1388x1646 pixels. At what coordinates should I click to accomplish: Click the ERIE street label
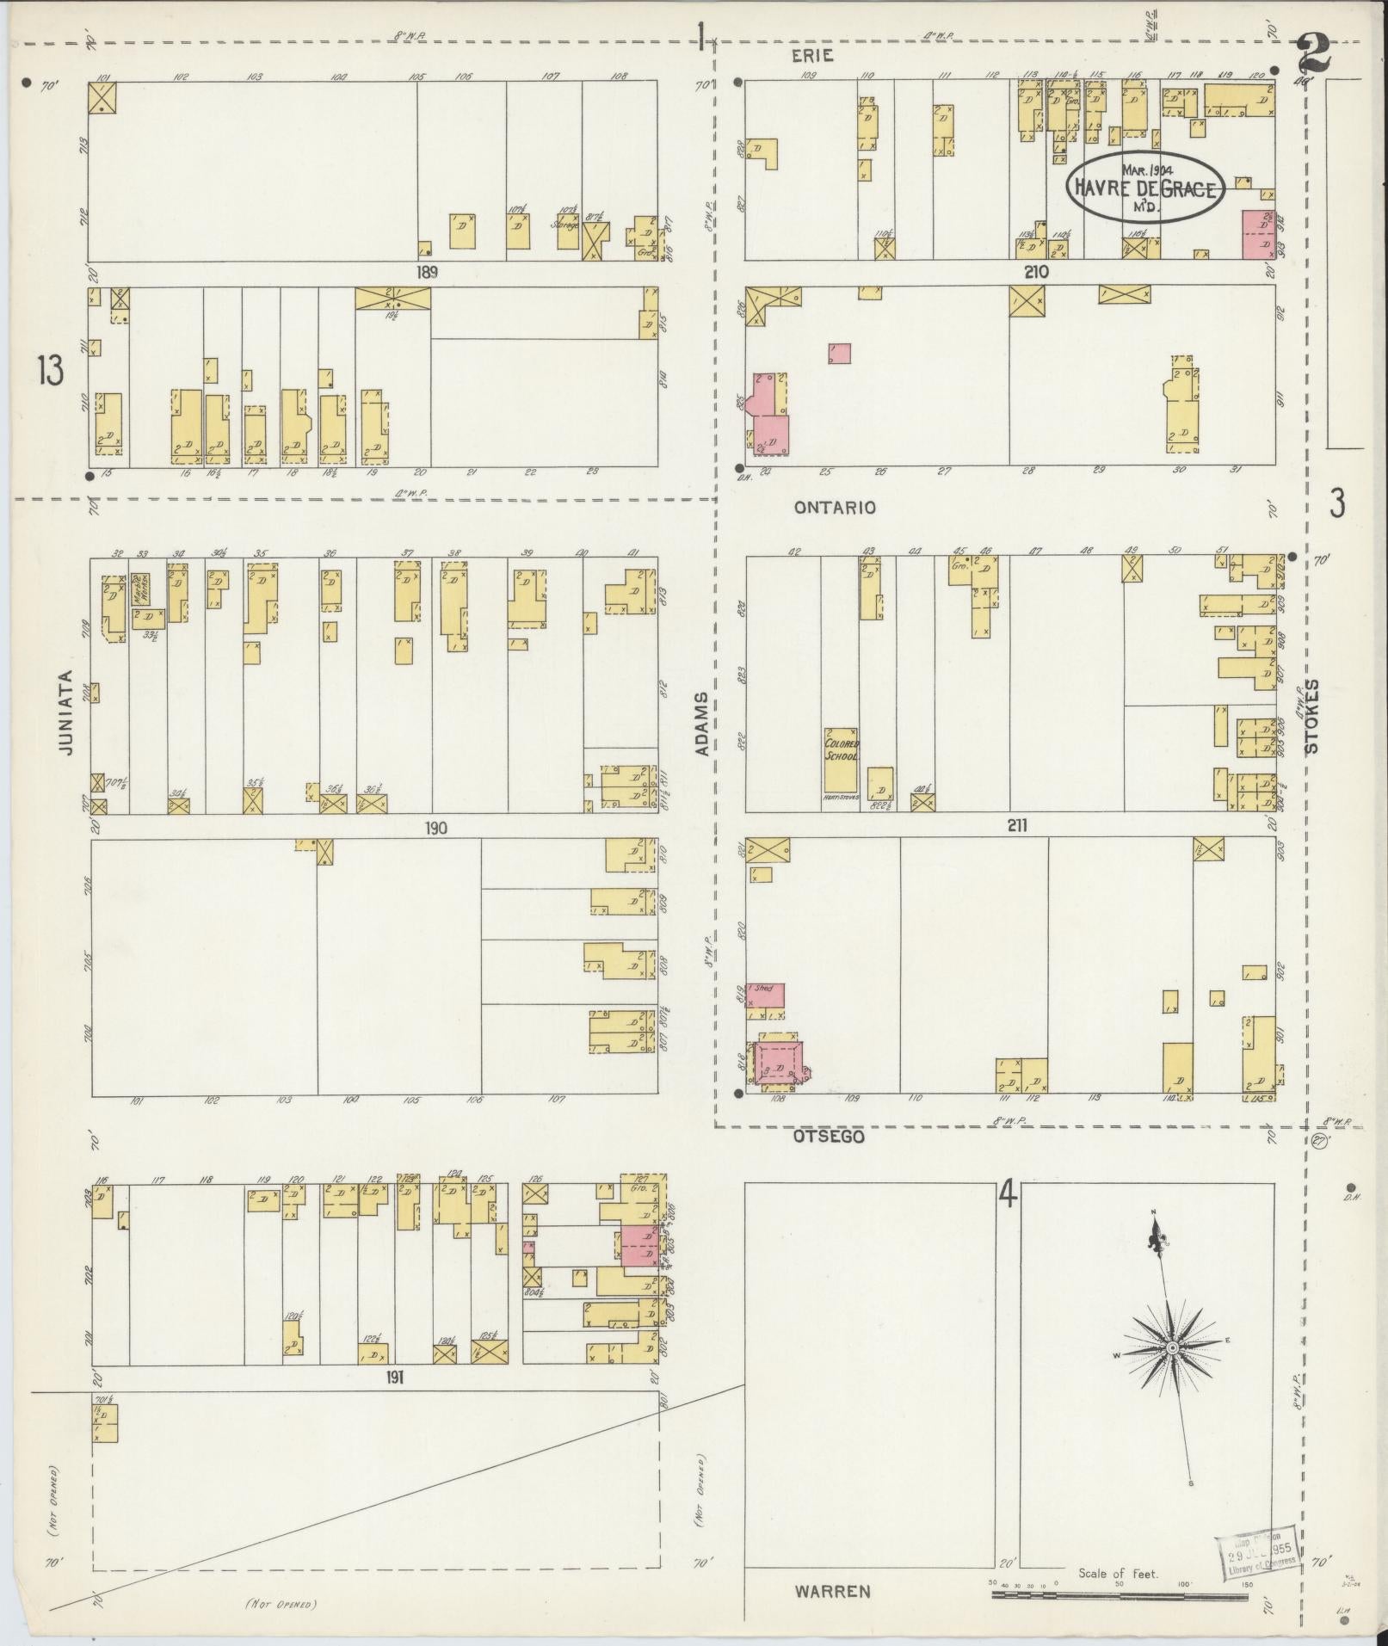coord(812,56)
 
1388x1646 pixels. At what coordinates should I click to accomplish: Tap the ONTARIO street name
coord(834,508)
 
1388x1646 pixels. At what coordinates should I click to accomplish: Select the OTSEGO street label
coord(830,1137)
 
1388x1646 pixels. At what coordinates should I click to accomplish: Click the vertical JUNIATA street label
coord(65,713)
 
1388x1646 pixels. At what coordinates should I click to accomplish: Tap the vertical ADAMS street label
coord(703,724)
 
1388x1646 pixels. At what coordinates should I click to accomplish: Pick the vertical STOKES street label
coord(1312,716)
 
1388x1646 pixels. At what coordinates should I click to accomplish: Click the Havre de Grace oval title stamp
coord(1144,188)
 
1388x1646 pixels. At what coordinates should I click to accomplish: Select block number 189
coord(428,273)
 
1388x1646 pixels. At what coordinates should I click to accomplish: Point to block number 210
coord(1036,272)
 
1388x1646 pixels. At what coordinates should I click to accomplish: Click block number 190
coord(435,829)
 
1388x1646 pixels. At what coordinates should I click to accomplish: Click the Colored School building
coord(841,761)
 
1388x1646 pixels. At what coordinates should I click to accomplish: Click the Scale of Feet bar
coord(1119,1595)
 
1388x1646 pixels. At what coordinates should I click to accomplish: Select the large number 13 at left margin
coord(50,373)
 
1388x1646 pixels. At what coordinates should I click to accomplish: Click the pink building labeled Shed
coord(765,996)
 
